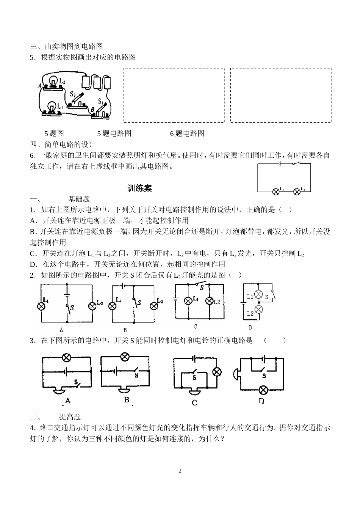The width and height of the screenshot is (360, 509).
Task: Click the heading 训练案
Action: click(x=140, y=189)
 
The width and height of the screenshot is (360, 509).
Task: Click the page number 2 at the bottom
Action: click(x=180, y=471)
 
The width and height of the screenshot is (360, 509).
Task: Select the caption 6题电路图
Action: click(x=187, y=134)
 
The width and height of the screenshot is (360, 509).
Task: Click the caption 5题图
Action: click(x=54, y=134)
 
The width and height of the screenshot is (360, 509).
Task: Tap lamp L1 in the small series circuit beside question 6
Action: click(x=276, y=192)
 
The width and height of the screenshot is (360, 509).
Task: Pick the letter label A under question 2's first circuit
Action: click(x=61, y=330)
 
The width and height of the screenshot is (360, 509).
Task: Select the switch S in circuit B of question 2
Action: click(x=134, y=302)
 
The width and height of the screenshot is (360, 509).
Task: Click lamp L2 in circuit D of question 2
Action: click(x=259, y=310)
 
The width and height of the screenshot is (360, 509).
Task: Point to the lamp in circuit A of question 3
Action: click(x=67, y=358)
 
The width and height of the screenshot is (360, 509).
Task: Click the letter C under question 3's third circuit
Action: click(x=194, y=402)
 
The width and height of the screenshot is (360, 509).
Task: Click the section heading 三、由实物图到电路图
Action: click(x=66, y=47)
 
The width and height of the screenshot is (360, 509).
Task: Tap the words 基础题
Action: click(x=79, y=199)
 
